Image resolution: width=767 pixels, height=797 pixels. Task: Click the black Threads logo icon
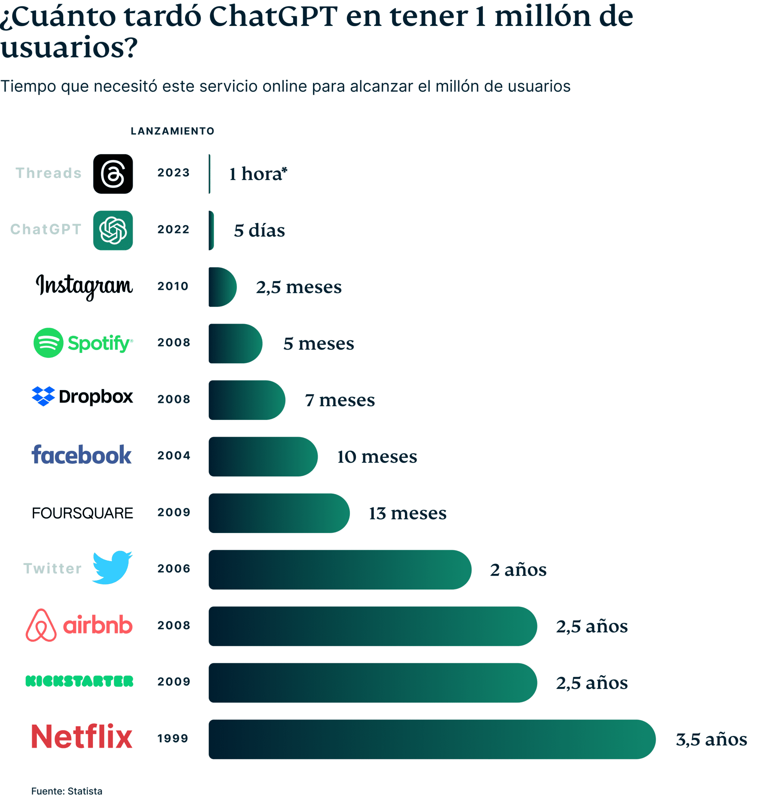tap(113, 174)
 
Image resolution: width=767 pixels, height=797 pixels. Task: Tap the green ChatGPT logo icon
tap(113, 230)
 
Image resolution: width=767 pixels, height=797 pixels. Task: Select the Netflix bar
tap(431, 739)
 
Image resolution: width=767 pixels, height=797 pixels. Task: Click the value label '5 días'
tap(259, 231)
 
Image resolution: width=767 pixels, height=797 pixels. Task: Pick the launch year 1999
tap(173, 738)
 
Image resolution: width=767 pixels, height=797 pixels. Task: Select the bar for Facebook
tap(262, 456)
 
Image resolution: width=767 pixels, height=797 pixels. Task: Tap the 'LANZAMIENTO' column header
tap(172, 131)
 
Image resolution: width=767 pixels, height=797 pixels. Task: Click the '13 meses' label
tap(407, 513)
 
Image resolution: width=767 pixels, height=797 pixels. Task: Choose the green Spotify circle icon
tap(48, 343)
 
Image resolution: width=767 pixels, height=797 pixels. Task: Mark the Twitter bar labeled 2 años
tap(340, 569)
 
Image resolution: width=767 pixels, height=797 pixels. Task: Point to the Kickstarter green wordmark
tap(79, 681)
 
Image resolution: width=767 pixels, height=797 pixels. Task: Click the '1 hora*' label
tap(258, 174)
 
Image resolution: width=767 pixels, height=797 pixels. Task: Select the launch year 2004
tap(174, 455)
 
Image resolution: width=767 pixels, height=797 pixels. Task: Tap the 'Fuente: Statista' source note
tap(67, 791)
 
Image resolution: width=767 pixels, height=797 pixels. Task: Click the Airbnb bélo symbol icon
tap(41, 625)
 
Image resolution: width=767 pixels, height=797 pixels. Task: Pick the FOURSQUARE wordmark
tap(82, 513)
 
